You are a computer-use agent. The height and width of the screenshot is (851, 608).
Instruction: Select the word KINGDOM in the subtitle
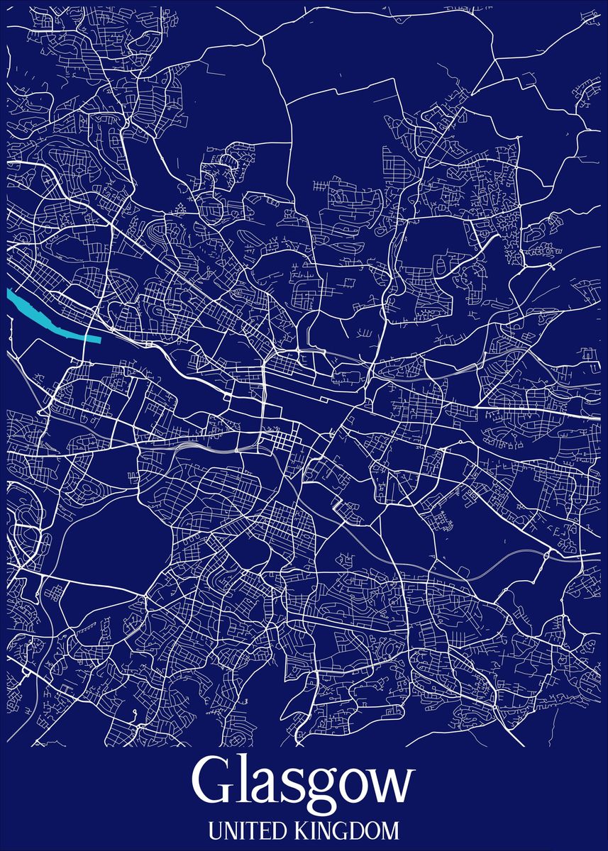point(341,829)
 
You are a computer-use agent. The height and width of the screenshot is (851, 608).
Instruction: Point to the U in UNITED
point(215,829)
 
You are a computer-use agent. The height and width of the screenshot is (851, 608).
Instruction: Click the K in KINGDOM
point(292,829)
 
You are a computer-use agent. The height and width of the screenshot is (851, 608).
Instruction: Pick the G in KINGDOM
point(331,829)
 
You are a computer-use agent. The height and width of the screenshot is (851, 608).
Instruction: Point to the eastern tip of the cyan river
point(98,338)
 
